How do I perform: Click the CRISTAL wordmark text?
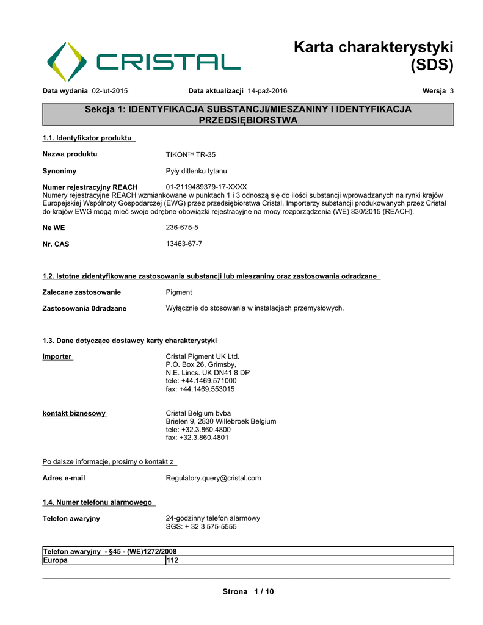pyautogui.click(x=168, y=62)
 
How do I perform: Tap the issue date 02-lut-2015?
pyautogui.click(x=109, y=91)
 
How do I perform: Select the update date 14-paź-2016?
pyautogui.click(x=267, y=91)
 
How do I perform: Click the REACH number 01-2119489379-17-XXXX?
pyautogui.click(x=206, y=187)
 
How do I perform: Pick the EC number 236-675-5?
pyautogui.click(x=182, y=228)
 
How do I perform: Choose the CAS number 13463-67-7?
pyautogui.click(x=184, y=244)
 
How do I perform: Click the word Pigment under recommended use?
pyautogui.click(x=179, y=292)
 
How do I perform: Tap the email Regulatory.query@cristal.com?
pyautogui.click(x=213, y=479)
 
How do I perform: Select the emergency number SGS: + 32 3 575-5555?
pyautogui.click(x=201, y=527)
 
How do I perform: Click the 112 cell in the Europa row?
pyautogui.click(x=173, y=560)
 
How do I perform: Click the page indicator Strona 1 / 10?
pyautogui.click(x=248, y=592)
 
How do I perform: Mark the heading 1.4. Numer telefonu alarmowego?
pyautogui.click(x=97, y=502)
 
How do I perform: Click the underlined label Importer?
pyautogui.click(x=57, y=356)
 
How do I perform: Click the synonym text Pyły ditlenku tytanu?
pyautogui.click(x=196, y=171)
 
